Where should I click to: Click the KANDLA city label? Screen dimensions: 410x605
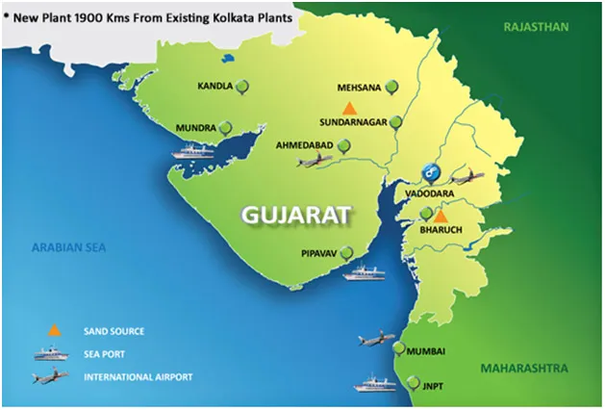point(214,87)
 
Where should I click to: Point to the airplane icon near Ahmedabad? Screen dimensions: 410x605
point(314,161)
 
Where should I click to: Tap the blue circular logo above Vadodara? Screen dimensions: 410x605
point(432,174)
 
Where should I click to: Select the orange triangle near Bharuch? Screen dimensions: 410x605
point(440,218)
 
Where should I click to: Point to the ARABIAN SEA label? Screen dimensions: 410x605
point(68,246)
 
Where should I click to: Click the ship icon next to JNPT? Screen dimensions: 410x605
point(374,385)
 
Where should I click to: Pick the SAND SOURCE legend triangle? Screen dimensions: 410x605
point(55,330)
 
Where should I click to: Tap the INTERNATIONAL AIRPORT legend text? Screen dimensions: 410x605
point(139,376)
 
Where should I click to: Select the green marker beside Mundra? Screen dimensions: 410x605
point(225,127)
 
